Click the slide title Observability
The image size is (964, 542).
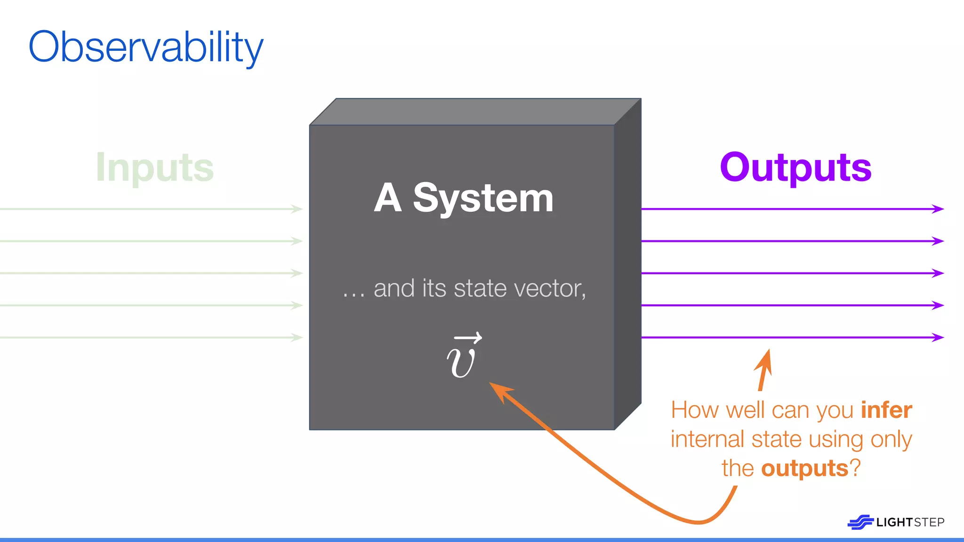(146, 47)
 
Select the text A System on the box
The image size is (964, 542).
(464, 198)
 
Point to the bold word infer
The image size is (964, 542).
(886, 410)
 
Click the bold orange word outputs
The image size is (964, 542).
(804, 469)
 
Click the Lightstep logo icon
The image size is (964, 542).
(860, 522)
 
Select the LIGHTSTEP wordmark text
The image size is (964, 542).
(910, 522)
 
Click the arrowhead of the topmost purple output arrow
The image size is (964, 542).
(939, 209)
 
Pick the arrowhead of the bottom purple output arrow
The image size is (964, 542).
(939, 337)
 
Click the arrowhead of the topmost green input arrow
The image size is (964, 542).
(297, 209)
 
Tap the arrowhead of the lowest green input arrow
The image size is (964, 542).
(297, 337)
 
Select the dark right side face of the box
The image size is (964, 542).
(628, 263)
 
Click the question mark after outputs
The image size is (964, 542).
(855, 469)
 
